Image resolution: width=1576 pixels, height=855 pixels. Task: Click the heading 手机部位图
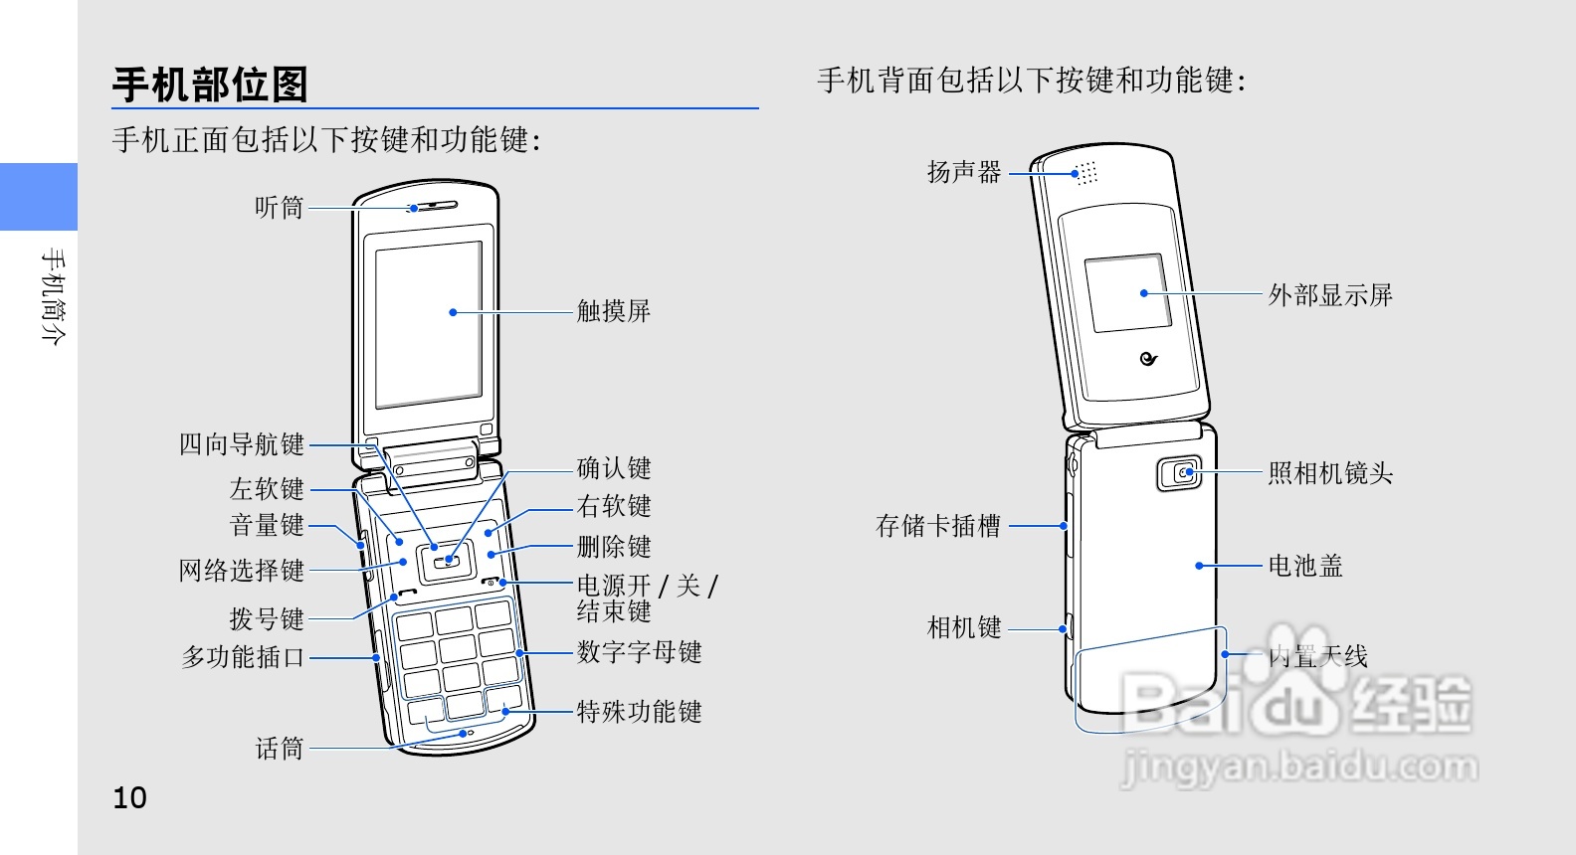pos(210,85)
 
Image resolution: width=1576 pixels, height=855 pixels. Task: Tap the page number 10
pos(129,797)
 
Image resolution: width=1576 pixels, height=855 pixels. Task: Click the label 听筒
pos(279,208)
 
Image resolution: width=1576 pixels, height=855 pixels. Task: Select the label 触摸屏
pos(614,311)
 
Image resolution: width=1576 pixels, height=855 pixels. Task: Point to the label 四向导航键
pos(242,444)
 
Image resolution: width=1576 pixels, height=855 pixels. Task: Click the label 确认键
pos(614,468)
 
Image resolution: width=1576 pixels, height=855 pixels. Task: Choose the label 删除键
pos(614,547)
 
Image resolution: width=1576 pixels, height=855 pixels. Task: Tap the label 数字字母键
pos(640,652)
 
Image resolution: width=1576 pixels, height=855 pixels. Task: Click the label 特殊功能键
pos(640,712)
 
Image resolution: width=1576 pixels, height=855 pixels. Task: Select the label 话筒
pos(279,749)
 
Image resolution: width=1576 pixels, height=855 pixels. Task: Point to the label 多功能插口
pos(243,657)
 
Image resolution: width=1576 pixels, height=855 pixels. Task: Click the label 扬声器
pos(963,173)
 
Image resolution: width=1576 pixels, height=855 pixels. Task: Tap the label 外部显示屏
pos(1330,295)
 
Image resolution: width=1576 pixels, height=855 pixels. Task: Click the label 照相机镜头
pos(1330,473)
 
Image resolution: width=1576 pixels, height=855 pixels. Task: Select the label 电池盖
pos(1305,566)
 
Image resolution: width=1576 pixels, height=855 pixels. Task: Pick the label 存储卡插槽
pos(938,526)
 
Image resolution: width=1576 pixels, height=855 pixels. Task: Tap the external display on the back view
pos(1127,293)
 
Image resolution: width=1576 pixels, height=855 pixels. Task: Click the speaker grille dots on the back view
pos(1086,173)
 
